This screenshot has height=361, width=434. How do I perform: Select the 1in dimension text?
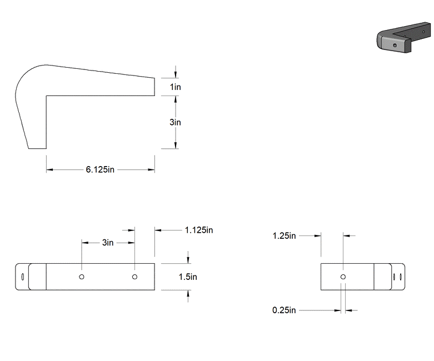click(175, 87)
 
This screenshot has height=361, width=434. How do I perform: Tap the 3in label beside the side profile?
click(175, 122)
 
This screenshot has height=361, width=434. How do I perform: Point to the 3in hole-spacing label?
click(108, 243)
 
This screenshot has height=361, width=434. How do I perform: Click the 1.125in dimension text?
click(199, 229)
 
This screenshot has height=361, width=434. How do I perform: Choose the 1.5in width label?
click(188, 277)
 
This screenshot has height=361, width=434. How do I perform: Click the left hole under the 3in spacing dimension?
click(82, 277)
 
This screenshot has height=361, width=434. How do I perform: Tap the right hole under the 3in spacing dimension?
click(134, 277)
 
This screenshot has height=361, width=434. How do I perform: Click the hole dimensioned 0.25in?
click(343, 277)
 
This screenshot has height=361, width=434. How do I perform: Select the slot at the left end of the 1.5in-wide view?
click(22, 277)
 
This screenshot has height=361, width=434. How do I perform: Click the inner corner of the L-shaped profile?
click(47, 96)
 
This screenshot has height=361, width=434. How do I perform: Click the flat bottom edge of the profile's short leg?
click(37, 148)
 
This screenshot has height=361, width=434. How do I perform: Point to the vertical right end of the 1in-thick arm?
click(154, 87)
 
